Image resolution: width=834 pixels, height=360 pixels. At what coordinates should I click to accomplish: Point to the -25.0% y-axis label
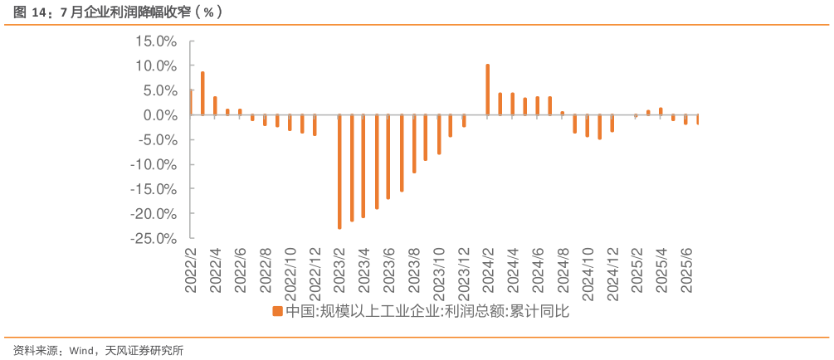pyautogui.click(x=155, y=239)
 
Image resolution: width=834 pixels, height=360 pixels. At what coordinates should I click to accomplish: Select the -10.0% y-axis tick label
pyautogui.click(x=155, y=164)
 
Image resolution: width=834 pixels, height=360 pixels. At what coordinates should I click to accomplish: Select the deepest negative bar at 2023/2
pyautogui.click(x=339, y=172)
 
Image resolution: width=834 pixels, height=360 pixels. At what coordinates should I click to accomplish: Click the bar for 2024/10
pyautogui.click(x=587, y=126)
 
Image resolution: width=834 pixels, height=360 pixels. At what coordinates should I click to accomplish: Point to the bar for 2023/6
pyautogui.click(x=388, y=158)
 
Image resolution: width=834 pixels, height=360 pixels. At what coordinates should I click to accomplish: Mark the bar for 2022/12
pyautogui.click(x=315, y=125)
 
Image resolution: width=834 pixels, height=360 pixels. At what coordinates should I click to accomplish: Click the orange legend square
pyautogui.click(x=278, y=312)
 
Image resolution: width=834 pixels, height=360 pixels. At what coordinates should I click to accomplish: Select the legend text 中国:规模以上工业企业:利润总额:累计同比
pyautogui.click(x=428, y=312)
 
